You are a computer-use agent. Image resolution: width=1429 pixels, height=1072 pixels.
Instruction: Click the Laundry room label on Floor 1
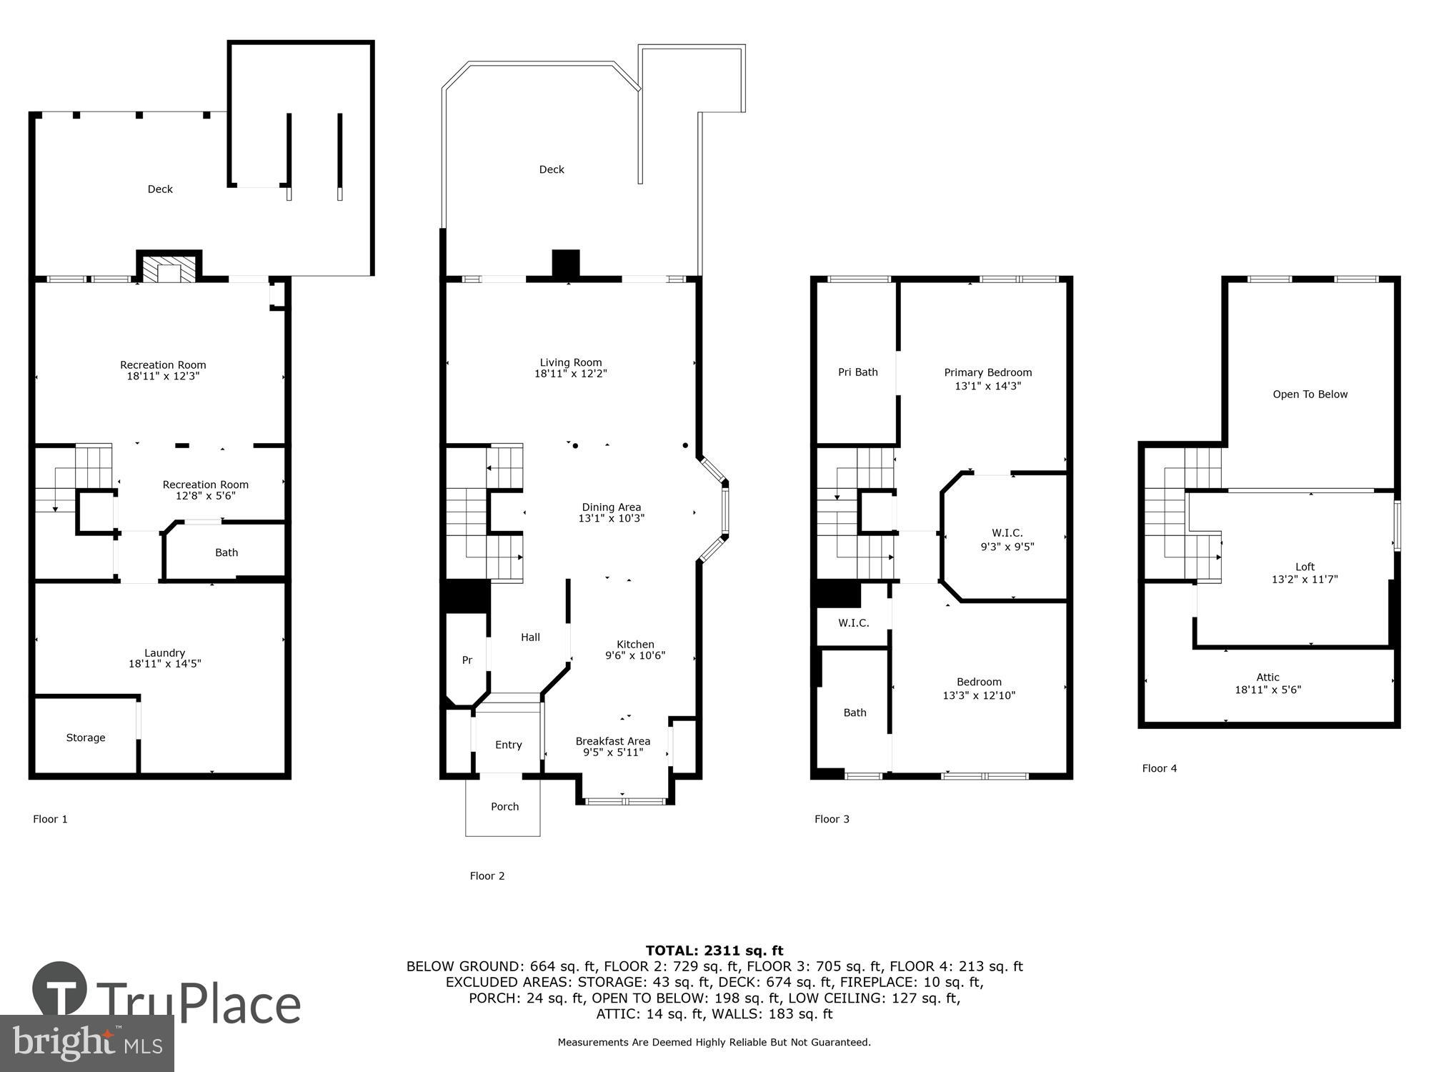(x=164, y=653)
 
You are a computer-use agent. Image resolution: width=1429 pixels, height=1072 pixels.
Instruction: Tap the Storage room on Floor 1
(x=86, y=738)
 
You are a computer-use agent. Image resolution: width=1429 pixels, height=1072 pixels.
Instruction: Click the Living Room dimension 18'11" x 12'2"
(x=570, y=374)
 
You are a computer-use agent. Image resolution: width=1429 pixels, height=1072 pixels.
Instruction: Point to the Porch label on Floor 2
(x=504, y=807)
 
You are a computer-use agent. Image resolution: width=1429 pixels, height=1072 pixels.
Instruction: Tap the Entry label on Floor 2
(x=508, y=745)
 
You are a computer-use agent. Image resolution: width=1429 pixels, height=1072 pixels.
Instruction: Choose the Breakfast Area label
(x=612, y=741)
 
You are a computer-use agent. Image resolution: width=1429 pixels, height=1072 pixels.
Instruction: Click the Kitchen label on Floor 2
(x=635, y=644)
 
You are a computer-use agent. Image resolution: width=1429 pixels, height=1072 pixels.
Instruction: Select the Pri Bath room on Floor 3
(x=857, y=372)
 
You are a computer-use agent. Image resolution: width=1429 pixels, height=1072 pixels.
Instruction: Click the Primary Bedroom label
(x=987, y=372)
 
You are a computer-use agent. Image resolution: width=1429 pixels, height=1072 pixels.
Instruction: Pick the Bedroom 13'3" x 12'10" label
(x=979, y=688)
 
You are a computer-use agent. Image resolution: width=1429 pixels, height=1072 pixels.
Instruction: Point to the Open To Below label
(x=1310, y=394)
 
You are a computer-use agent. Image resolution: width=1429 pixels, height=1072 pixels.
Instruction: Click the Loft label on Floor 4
(x=1305, y=567)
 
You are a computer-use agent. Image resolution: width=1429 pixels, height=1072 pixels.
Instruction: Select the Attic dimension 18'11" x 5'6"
(x=1268, y=690)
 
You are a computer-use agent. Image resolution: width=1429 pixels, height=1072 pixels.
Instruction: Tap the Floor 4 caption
(x=1159, y=768)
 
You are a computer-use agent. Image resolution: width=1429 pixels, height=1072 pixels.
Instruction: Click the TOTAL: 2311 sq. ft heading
(x=714, y=951)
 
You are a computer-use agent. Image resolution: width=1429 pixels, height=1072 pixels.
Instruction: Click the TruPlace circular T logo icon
(x=60, y=990)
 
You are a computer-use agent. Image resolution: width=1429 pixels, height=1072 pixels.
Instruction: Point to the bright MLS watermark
(x=86, y=1043)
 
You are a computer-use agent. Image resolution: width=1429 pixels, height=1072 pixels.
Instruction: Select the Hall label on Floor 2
(x=530, y=637)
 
